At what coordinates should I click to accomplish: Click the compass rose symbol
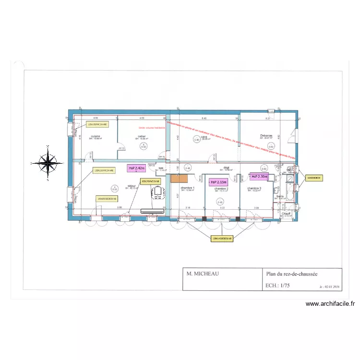48,163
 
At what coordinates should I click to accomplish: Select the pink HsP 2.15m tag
218,182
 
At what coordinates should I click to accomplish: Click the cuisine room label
96,136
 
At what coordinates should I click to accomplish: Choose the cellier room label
142,136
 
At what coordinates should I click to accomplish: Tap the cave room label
204,137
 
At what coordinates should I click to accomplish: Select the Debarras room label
266,135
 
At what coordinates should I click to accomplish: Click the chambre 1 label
187,188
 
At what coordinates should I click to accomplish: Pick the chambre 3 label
254,189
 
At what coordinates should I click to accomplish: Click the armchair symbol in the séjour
158,193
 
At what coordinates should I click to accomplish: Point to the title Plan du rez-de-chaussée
292,274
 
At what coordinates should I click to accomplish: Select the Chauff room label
287,213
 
